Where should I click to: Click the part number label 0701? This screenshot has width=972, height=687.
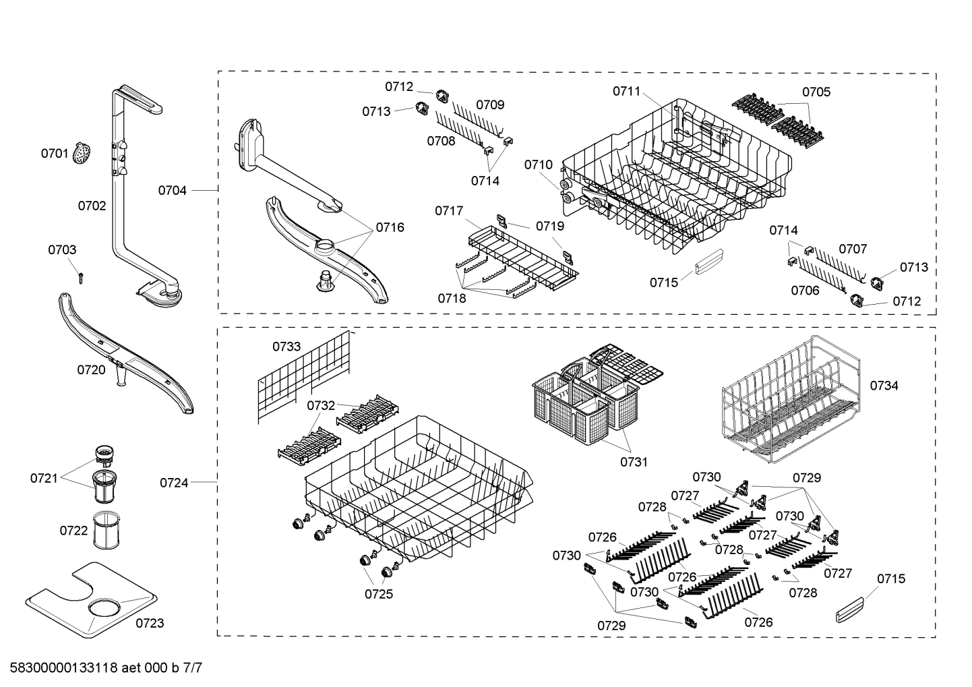click(55, 154)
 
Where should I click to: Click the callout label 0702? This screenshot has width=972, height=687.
click(92, 206)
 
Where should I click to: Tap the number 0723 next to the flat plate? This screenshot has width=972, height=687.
click(150, 623)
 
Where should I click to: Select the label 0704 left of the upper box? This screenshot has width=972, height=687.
click(173, 191)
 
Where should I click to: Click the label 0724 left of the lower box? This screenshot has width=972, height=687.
click(174, 483)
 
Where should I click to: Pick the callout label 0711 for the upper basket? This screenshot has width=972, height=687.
click(627, 91)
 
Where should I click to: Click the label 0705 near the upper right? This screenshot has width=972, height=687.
click(816, 92)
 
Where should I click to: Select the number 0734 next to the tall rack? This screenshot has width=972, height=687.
click(884, 386)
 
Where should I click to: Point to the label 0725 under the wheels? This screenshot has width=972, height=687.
click(379, 594)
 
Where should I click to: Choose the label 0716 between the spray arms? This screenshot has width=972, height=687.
click(390, 227)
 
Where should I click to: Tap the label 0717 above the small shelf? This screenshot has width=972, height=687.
click(449, 211)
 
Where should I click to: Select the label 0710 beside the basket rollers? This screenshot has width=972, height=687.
click(539, 165)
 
